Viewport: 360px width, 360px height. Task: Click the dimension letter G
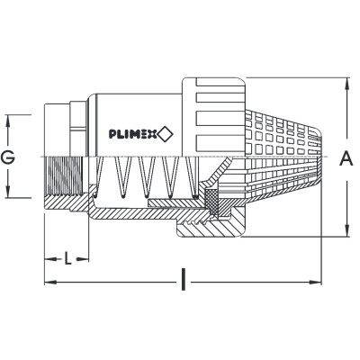coord(8,157)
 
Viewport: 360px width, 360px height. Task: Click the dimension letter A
coord(346,158)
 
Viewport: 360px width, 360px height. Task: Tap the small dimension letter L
coord(68,258)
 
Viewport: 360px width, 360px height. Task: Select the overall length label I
coord(184,280)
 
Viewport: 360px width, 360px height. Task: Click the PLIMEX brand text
coord(133,134)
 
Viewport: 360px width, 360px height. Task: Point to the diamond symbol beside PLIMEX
coord(166,134)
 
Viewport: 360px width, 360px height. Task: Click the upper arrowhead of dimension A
coord(347,83)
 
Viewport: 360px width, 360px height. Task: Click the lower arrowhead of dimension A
coord(347,231)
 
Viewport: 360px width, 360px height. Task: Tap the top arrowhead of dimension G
coord(8,120)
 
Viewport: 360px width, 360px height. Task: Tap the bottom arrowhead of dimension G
coord(8,192)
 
